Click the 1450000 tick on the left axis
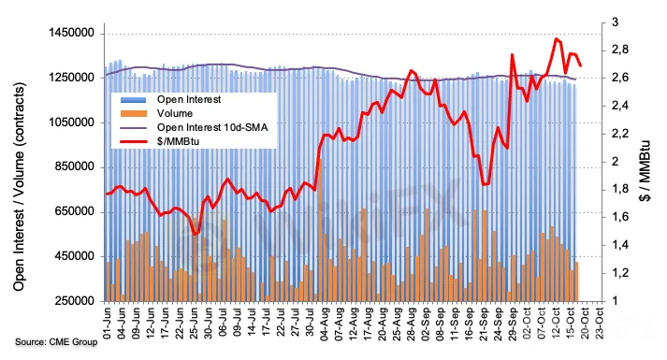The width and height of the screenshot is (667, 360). (72, 33)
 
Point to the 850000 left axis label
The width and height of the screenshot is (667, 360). (75, 167)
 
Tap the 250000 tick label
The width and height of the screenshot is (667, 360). (75, 301)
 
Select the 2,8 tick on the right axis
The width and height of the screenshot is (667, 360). (620, 50)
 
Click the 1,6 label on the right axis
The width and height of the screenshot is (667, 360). (620, 217)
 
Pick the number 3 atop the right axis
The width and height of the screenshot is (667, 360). (616, 22)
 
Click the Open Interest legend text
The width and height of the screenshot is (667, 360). (189, 99)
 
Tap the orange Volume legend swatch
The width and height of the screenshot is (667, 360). (133, 113)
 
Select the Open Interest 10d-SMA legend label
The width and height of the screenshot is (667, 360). (212, 127)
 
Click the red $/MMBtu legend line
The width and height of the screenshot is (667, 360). (133, 141)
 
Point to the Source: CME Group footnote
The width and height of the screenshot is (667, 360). (56, 341)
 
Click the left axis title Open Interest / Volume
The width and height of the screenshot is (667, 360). (19, 187)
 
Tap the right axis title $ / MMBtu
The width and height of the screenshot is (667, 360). (645, 170)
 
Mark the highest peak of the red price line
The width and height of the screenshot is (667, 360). (556, 38)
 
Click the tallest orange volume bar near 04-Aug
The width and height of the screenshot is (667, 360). (320, 230)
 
